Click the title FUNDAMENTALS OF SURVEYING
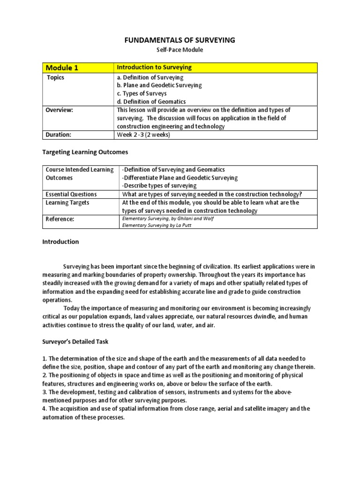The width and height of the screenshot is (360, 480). [180, 40]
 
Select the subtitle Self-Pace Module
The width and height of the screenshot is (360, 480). [180, 50]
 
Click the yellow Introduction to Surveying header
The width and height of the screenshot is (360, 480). [154, 67]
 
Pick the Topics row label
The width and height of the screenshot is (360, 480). [55, 77]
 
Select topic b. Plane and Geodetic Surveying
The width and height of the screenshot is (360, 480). [159, 85]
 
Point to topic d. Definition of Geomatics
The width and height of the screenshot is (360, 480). [151, 101]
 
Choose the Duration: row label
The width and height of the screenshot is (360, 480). [58, 135]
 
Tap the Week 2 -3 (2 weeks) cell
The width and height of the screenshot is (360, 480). [143, 135]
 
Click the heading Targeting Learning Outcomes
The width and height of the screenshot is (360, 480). [85, 152]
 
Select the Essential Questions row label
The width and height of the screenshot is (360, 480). [71, 194]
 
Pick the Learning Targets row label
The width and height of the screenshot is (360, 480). [67, 202]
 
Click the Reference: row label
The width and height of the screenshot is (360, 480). [60, 219]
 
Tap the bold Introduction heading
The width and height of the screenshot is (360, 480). [60, 242]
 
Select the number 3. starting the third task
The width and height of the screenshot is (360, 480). [45, 392]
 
